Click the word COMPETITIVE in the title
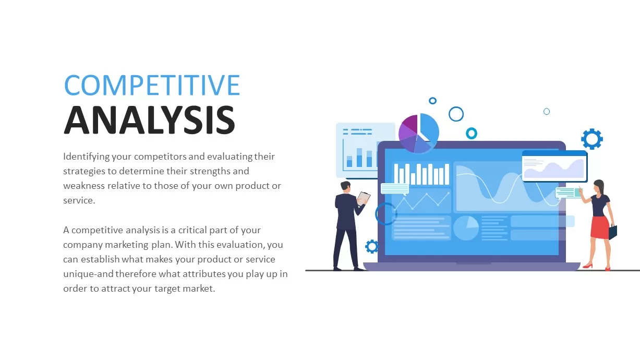click(152, 85)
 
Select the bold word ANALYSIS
click(149, 121)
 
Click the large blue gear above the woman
click(591, 139)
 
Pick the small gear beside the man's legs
click(372, 246)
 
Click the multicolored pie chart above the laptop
click(418, 134)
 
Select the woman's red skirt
click(600, 227)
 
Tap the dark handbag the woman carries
click(612, 232)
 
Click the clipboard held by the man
click(363, 198)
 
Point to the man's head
click(346, 186)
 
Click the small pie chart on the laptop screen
click(466, 228)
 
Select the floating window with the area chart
click(554, 166)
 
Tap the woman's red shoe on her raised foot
click(587, 266)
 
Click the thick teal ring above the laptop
click(472, 133)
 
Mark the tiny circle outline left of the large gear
click(547, 111)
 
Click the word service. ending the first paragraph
click(79, 200)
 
